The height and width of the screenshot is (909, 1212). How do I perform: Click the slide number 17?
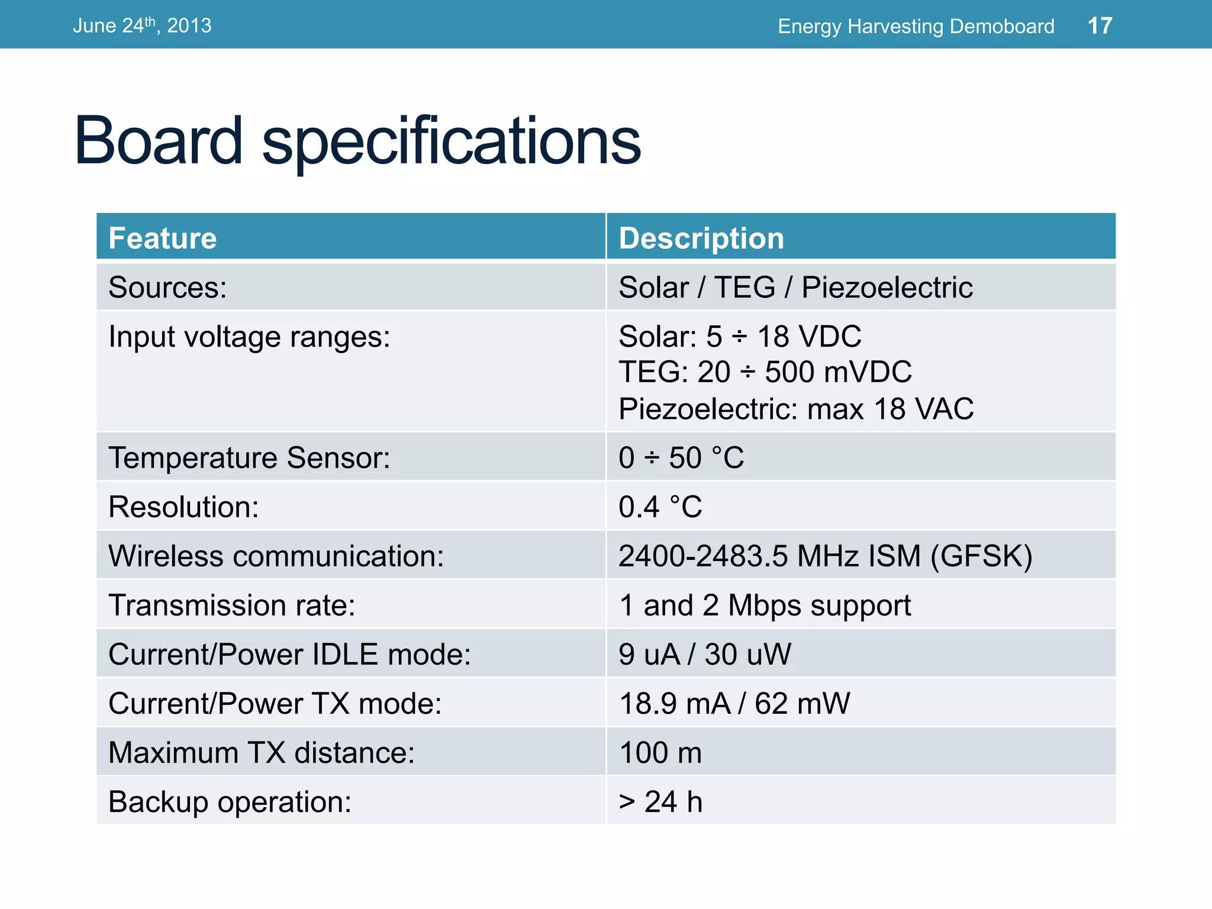pos(1100,25)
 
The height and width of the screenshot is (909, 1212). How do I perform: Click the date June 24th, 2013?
pos(142,25)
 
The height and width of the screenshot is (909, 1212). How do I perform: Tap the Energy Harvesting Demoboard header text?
pos(916,26)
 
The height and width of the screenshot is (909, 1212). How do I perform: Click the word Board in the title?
pos(158,141)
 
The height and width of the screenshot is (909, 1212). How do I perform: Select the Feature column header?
pos(163,238)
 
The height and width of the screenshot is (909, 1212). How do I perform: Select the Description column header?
pos(701,238)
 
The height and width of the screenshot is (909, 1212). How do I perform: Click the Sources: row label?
pos(167,288)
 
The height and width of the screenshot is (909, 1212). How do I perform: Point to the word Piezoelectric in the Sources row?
pos(887,288)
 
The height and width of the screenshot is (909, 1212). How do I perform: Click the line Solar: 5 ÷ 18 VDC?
pos(740,337)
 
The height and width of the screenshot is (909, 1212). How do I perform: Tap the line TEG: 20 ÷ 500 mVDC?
pos(765,372)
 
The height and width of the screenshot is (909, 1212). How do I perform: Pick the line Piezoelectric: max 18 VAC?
pos(796,409)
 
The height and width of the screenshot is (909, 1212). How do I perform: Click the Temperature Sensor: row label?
pos(249,458)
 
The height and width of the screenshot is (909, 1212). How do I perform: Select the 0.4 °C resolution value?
pos(660,507)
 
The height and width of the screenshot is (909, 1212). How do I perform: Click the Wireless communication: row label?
pos(276,556)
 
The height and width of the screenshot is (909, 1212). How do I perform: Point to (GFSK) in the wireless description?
pos(981,556)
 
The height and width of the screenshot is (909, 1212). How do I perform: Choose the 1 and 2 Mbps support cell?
pos(765,605)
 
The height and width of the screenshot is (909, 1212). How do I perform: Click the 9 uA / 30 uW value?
pos(704,655)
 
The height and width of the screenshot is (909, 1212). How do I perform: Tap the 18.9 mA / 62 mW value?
pos(734,704)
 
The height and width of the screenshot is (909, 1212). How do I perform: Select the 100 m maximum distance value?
pos(660,753)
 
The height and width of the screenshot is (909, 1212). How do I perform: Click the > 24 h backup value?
pos(660,802)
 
